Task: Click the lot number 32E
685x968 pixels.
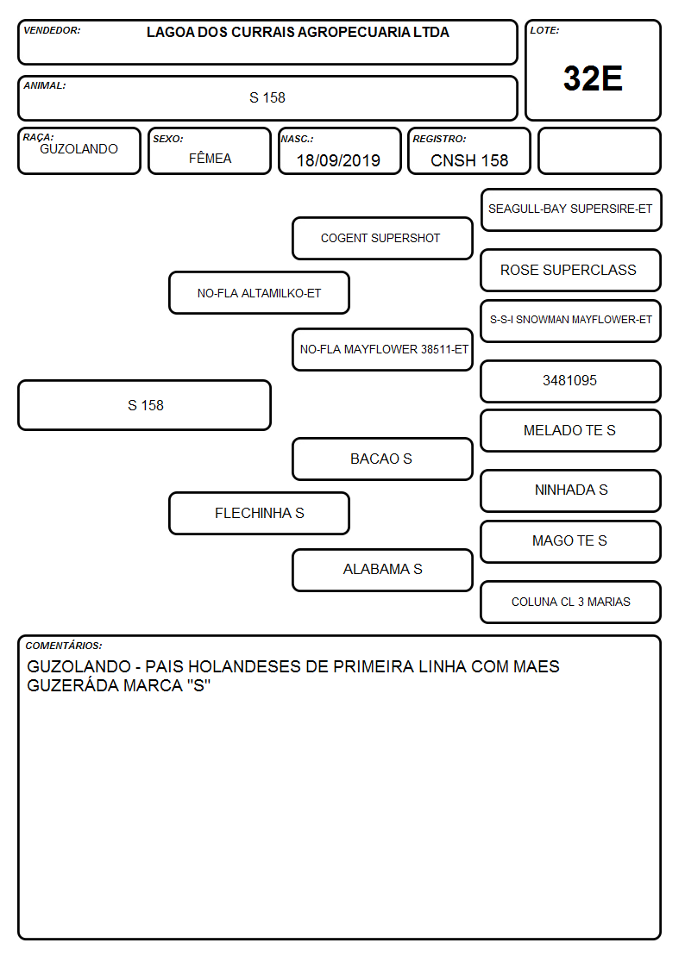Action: [593, 78]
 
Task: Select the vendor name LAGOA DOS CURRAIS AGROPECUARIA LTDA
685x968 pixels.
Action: [298, 32]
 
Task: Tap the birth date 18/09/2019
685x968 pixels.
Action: [338, 160]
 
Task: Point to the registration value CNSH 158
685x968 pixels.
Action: [469, 160]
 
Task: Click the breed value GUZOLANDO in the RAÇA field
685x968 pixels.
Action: [79, 149]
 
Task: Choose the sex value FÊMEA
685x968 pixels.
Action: [210, 158]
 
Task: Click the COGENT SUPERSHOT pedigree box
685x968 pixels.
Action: [382, 238]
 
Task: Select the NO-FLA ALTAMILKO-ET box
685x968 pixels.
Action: [260, 293]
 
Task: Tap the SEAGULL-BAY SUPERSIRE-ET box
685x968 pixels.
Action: [571, 209]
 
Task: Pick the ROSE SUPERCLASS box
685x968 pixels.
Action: [571, 270]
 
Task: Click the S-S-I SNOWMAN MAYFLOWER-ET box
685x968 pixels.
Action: [571, 321]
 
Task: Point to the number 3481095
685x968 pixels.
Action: [569, 380]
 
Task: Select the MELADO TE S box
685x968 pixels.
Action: [571, 430]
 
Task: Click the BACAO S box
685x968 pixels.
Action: [382, 459]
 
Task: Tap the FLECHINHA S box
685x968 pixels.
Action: [260, 513]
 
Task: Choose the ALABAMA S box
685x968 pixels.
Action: [382, 569]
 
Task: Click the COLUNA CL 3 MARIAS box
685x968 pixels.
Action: [571, 602]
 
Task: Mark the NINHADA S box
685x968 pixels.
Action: [571, 490]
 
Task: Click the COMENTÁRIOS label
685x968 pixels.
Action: [64, 646]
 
